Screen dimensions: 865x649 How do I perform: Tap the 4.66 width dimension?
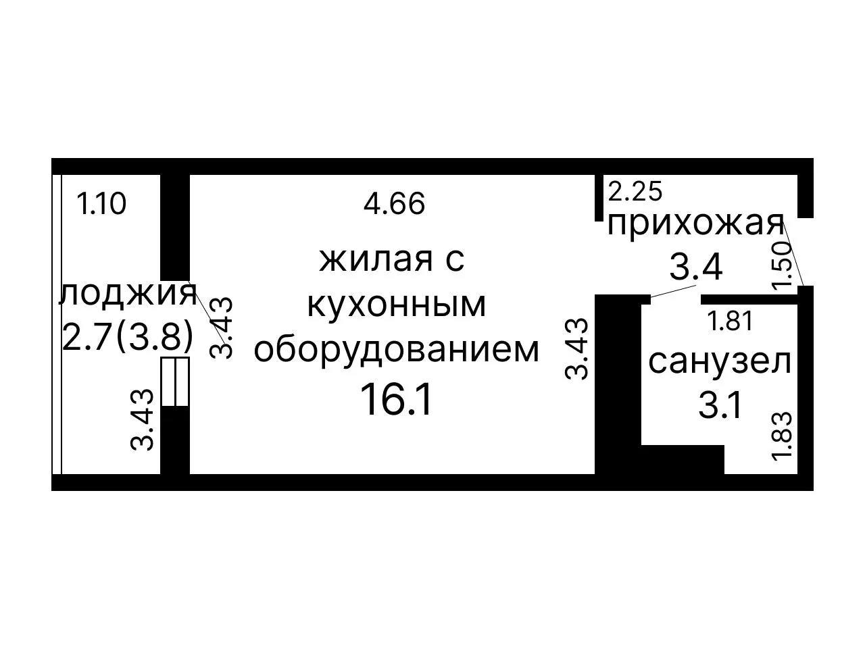click(394, 203)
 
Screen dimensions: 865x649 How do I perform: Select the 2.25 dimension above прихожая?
click(635, 192)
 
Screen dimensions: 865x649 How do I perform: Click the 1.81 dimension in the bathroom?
click(731, 321)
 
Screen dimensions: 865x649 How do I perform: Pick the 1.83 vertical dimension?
click(782, 436)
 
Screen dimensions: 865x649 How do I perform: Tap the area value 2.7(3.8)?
click(128, 337)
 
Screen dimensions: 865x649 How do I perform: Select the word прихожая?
click(695, 226)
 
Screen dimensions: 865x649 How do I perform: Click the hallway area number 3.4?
click(696, 267)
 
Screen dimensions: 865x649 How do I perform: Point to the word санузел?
click(720, 362)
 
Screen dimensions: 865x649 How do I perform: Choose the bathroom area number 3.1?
click(720, 406)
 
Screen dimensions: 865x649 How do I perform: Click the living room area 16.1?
click(395, 400)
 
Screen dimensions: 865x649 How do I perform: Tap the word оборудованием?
click(396, 350)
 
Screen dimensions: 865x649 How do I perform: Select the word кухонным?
click(396, 305)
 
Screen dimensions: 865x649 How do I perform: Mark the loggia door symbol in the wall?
click(175, 381)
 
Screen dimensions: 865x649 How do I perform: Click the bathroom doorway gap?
click(676, 299)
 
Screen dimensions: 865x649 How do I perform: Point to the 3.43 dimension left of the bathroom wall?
click(576, 348)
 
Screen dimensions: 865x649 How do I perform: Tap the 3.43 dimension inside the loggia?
click(141, 420)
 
